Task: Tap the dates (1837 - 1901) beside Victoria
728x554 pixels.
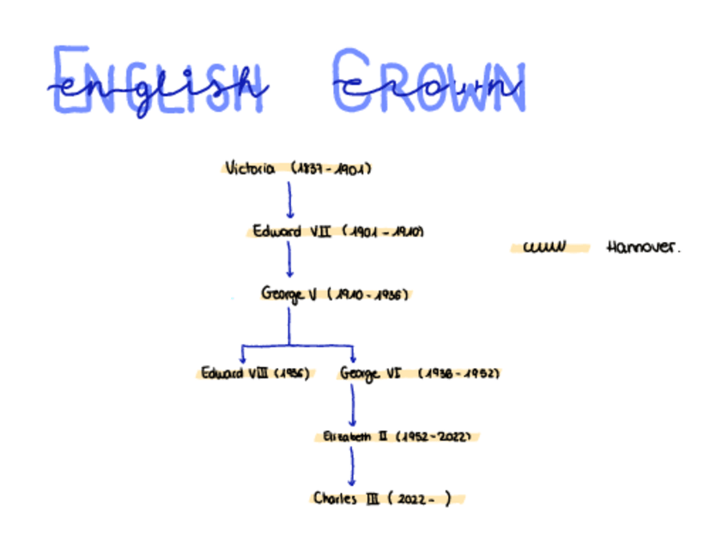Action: (331, 169)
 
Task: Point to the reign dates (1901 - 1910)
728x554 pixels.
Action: (384, 232)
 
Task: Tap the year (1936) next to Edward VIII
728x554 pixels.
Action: (294, 374)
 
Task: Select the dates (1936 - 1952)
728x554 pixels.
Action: (459, 374)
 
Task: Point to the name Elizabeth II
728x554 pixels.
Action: (348, 437)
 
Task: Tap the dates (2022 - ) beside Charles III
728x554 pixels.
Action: (420, 499)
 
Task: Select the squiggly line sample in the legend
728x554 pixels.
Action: (544, 248)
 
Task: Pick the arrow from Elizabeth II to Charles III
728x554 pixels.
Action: (351, 467)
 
